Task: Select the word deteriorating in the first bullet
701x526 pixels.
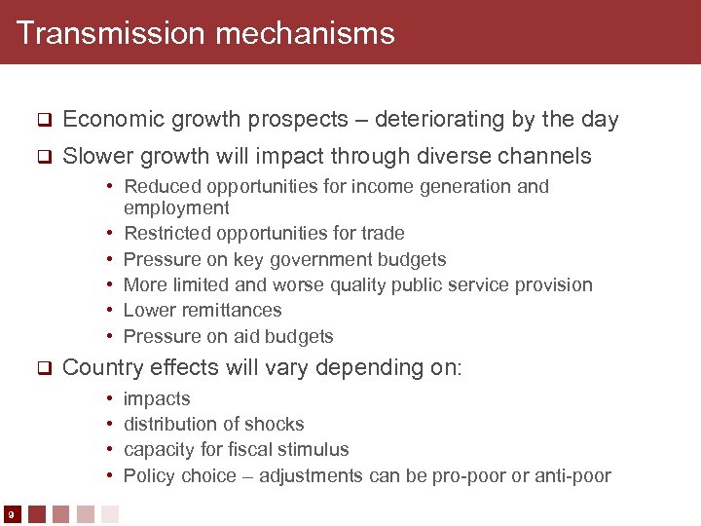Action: coord(441,120)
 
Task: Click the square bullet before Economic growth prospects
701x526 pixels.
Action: coord(43,121)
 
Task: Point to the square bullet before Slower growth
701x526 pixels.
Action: coord(43,157)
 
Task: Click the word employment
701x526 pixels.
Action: coord(176,208)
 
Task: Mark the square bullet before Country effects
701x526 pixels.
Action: coord(43,368)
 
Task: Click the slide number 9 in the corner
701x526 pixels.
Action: coord(9,514)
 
